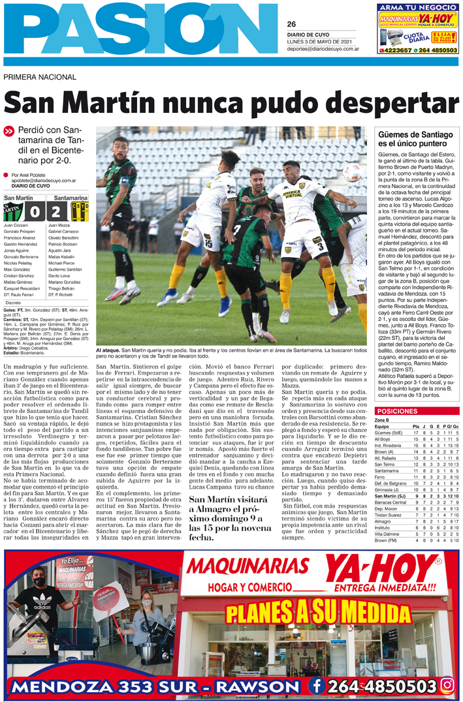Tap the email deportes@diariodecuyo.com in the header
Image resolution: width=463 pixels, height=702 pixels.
click(322, 49)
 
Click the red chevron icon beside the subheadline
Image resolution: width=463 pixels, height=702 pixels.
click(9, 131)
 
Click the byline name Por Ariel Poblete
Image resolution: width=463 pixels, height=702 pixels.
click(29, 175)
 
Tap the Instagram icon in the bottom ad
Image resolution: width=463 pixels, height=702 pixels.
click(447, 684)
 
